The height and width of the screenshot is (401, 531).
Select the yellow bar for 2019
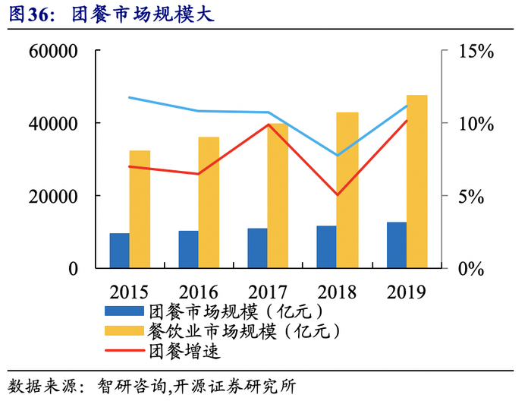click(x=416, y=181)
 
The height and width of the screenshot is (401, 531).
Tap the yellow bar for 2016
click(x=209, y=202)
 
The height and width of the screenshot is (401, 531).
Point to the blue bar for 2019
click(x=396, y=245)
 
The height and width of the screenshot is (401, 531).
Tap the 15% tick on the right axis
click(x=476, y=52)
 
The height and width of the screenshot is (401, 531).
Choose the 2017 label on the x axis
click(x=268, y=292)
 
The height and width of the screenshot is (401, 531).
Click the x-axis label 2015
click(x=129, y=292)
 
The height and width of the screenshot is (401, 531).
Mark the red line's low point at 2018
click(x=337, y=194)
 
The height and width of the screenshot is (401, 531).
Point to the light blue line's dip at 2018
click(x=337, y=155)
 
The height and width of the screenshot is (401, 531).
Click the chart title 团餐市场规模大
click(x=140, y=14)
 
